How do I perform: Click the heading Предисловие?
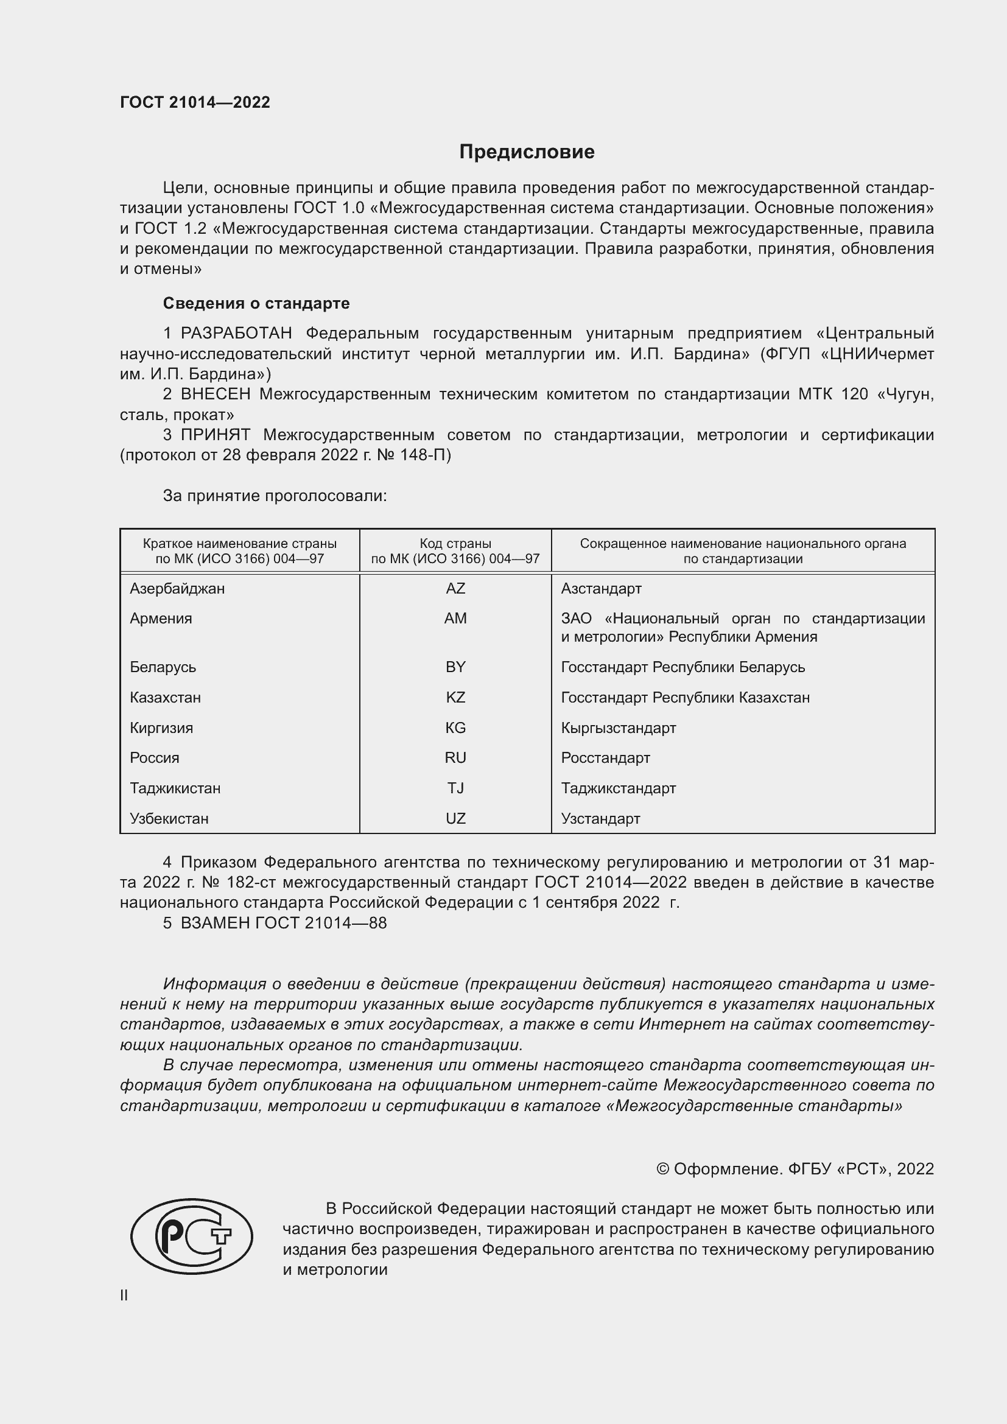click(x=527, y=152)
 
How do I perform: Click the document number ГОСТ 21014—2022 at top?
click(x=195, y=102)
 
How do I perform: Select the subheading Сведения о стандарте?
click(x=256, y=303)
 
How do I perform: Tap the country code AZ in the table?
click(x=455, y=588)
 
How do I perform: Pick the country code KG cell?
click(x=455, y=728)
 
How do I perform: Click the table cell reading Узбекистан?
click(x=169, y=818)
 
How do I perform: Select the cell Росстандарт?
click(x=605, y=757)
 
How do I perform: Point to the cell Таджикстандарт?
click(x=618, y=788)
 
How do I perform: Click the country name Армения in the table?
click(x=161, y=618)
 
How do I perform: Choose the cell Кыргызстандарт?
click(x=618, y=728)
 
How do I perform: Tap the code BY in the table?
click(x=455, y=667)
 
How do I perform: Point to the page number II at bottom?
click(x=124, y=1295)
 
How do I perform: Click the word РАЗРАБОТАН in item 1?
click(x=236, y=333)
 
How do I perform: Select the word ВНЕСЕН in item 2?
click(x=216, y=394)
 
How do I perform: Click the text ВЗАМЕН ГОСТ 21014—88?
click(x=283, y=923)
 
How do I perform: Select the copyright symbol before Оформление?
click(x=662, y=1169)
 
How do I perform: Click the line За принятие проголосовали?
click(x=275, y=496)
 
